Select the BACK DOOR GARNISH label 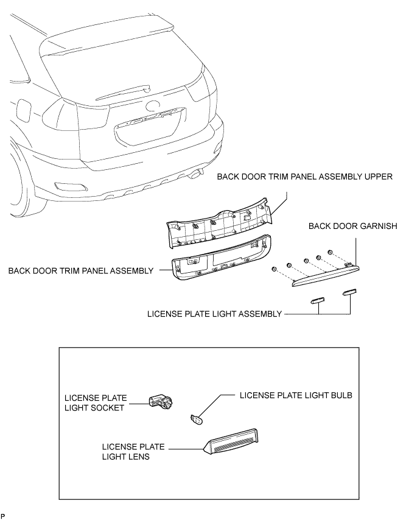(353, 226)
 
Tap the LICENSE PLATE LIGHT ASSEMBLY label (215, 314)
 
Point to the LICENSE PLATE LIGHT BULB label (296, 395)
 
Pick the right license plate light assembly (350, 293)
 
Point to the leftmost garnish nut (275, 269)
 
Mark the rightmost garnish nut (329, 251)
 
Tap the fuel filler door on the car (24, 110)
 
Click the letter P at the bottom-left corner (3, 515)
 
